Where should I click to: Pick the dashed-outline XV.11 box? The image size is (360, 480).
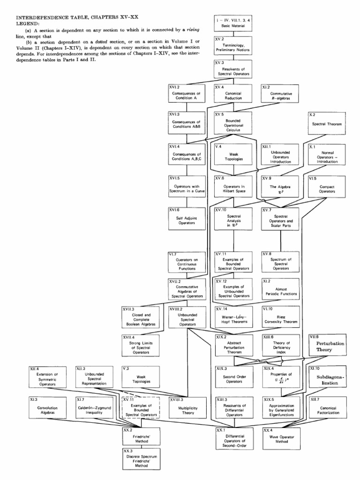pyautogui.click(x=139, y=407)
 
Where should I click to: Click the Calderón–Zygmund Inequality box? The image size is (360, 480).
pyautogui.click(x=92, y=407)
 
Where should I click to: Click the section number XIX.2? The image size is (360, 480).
pyautogui.click(x=222, y=337)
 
